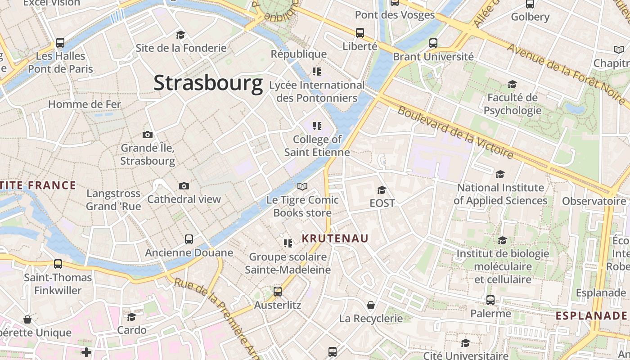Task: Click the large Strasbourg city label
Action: click(208, 83)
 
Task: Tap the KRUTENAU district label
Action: click(335, 238)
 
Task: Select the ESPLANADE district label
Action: click(591, 315)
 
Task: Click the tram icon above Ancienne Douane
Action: click(189, 239)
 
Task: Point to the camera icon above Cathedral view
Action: click(184, 186)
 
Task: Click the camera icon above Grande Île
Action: click(148, 135)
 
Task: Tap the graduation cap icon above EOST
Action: click(382, 190)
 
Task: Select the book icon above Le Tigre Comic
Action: click(302, 186)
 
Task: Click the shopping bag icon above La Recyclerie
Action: click(371, 306)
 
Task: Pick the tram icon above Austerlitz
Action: click(278, 292)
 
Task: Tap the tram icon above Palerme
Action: click(490, 300)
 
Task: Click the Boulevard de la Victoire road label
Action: click(455, 132)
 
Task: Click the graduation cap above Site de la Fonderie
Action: click(181, 35)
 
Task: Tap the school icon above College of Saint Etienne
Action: click(317, 126)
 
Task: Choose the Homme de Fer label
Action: click(85, 104)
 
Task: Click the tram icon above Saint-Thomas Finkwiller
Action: click(58, 264)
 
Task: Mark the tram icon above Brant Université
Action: click(433, 43)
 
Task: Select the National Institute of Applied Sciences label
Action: click(500, 194)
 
